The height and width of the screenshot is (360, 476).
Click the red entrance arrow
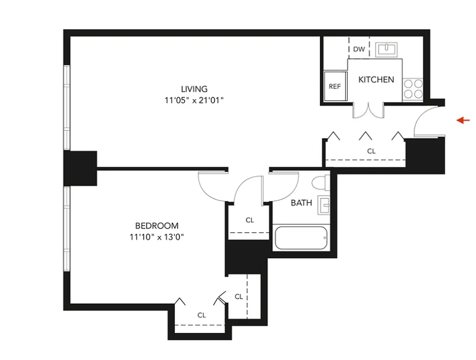463,120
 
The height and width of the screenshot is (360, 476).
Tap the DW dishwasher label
359,49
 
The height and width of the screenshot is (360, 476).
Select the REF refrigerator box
335,86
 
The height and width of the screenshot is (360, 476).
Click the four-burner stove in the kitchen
413,89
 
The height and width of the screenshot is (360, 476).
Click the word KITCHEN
376,80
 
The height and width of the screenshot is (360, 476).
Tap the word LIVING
194,89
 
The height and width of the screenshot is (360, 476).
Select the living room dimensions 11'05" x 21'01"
194,101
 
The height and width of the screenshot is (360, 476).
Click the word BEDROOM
157,226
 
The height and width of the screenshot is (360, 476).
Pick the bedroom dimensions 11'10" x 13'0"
157,238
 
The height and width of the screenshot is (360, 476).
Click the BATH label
301,203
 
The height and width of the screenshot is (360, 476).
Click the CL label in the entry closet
371,152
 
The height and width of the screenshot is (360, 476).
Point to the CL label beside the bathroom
250,220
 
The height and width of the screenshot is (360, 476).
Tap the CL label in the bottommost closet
201,315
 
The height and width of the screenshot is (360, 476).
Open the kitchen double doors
368,111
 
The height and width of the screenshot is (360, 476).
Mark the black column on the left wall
80,168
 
